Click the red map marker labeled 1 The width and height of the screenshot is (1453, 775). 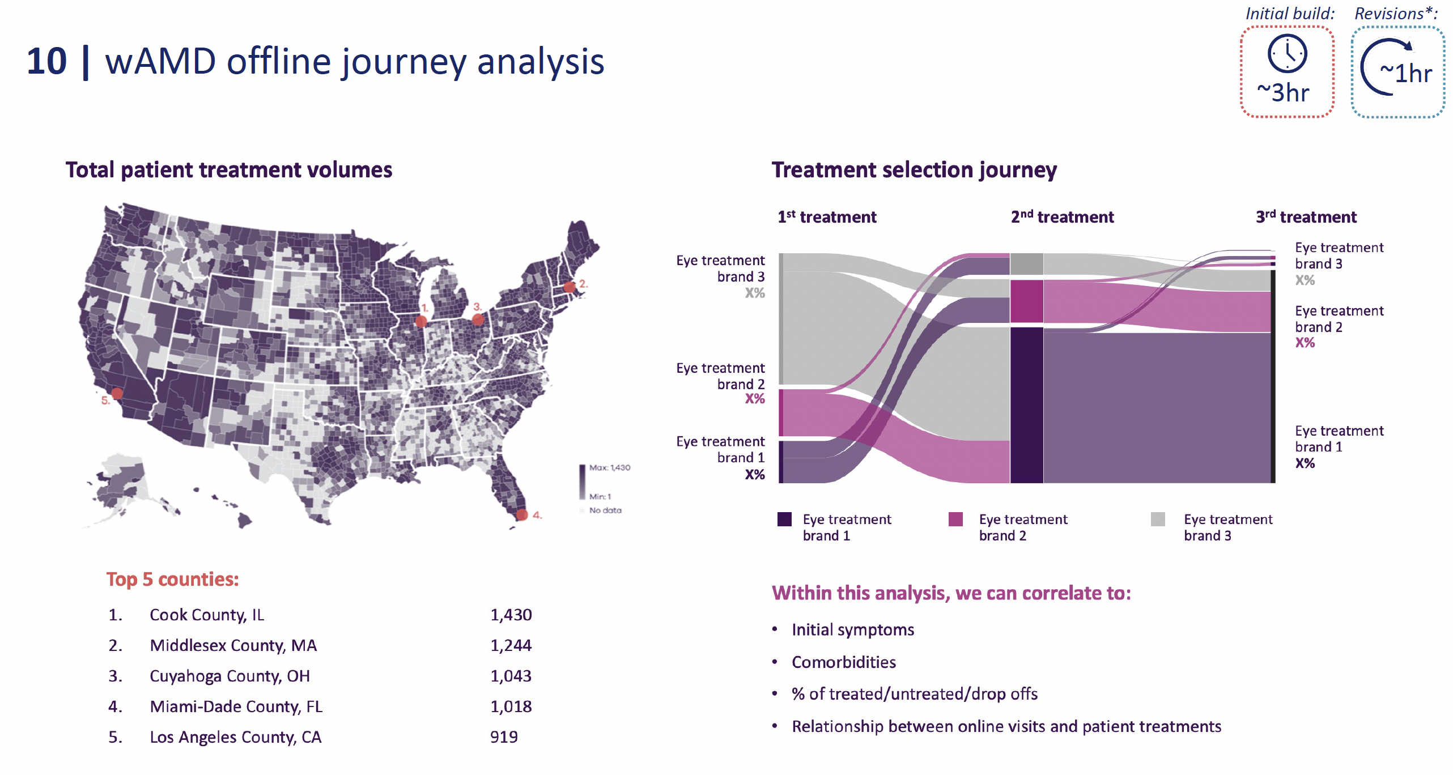(420, 321)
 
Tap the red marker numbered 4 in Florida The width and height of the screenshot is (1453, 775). (522, 514)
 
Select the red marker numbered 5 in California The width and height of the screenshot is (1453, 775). (117, 393)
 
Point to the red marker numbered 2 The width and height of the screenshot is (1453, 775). (570, 287)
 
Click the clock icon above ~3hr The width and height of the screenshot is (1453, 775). (1287, 54)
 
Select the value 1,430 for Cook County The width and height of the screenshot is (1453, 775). (511, 615)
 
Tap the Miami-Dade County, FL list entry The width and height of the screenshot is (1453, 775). (236, 706)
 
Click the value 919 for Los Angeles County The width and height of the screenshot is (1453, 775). (504, 737)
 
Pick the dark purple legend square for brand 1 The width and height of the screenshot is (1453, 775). (784, 519)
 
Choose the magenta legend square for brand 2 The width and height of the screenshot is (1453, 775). (955, 519)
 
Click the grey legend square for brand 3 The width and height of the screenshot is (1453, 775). (1158, 519)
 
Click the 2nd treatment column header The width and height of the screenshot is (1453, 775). (1062, 217)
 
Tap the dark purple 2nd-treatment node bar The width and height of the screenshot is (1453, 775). (1026, 404)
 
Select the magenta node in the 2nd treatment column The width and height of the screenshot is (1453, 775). (1026, 301)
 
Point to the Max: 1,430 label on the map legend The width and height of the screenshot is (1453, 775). (609, 467)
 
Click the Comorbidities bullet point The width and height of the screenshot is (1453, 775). (843, 662)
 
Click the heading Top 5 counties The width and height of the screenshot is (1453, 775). (172, 580)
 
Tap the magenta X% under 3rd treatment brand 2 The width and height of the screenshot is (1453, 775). (1305, 343)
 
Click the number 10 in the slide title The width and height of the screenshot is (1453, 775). (46, 61)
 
